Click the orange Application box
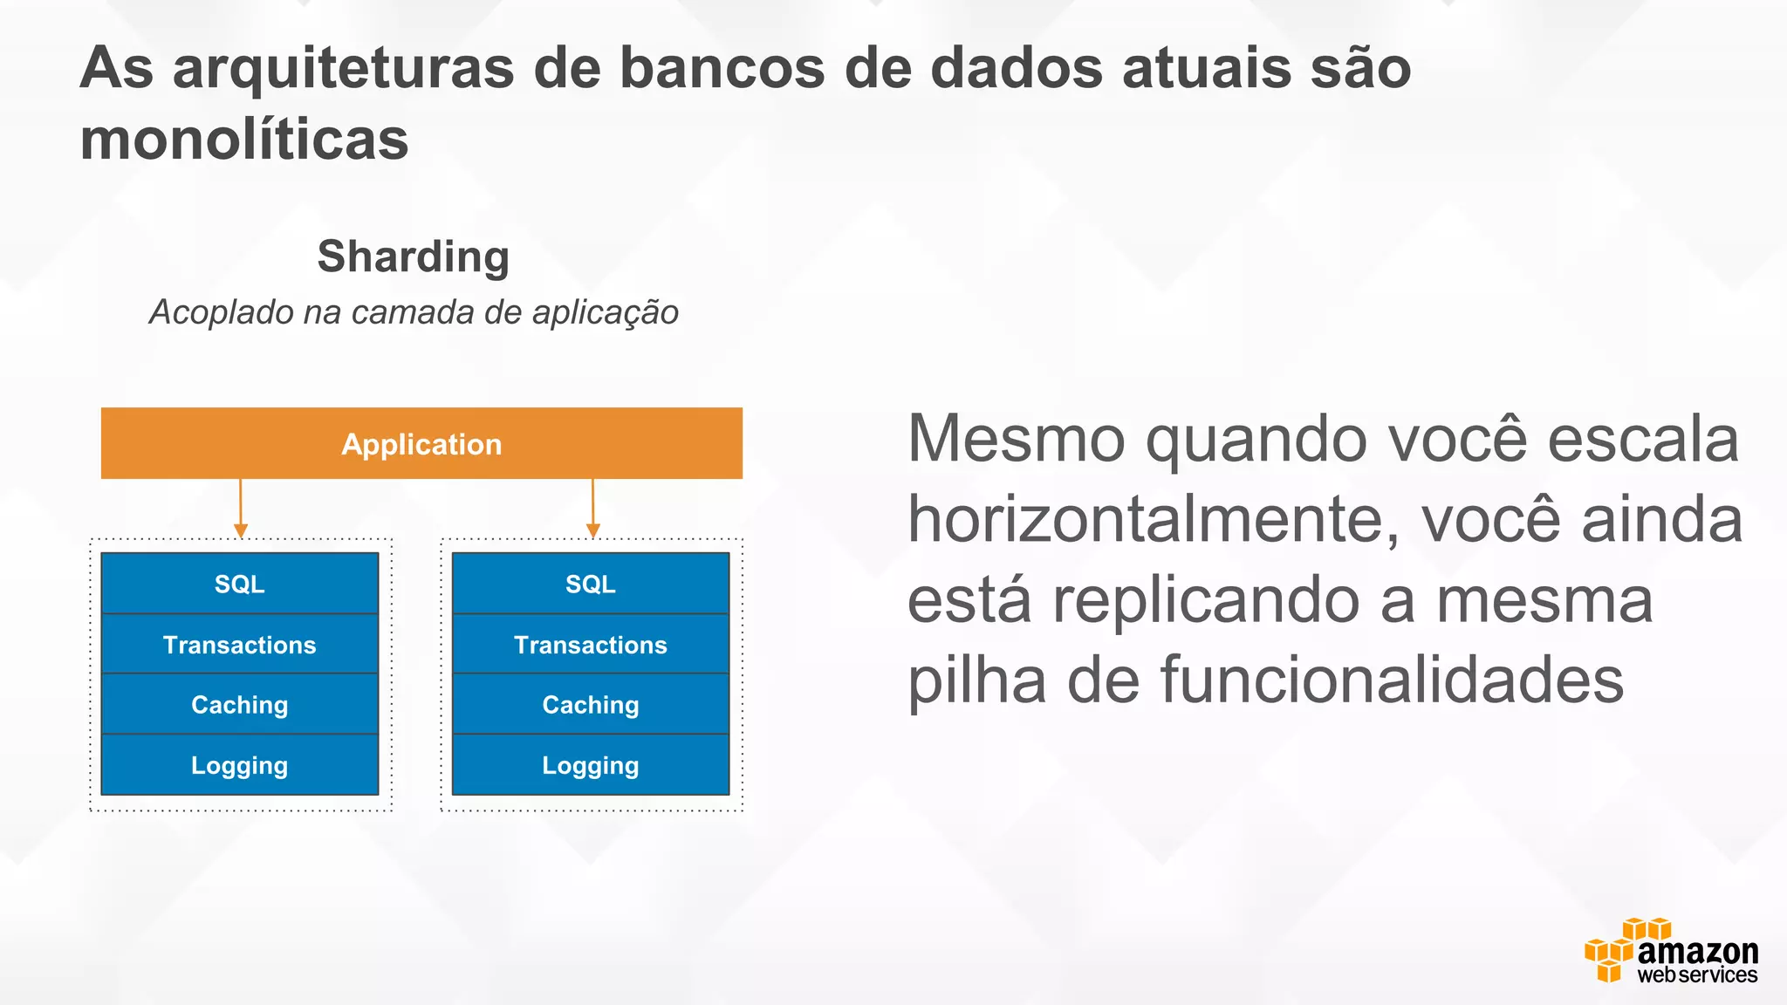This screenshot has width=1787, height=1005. tap(421, 443)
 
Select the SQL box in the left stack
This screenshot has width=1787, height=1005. tap(240, 584)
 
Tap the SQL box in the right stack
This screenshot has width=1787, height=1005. tap(591, 584)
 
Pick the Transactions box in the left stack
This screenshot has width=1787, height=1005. tap(240, 645)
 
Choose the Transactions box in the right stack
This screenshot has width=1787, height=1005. tap(591, 645)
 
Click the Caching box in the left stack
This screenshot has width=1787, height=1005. tap(240, 705)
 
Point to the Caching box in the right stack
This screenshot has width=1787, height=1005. tap(591, 705)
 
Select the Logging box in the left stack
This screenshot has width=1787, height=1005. tap(240, 765)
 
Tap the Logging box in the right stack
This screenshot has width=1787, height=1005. tap(591, 765)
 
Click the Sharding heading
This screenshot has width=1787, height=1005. tap(413, 256)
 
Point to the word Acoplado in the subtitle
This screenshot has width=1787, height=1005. tap(222, 312)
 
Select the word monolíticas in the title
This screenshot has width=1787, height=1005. tap(244, 140)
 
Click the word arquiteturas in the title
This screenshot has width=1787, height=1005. tap(344, 68)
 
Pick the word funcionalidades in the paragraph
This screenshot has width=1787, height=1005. tap(1392, 680)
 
